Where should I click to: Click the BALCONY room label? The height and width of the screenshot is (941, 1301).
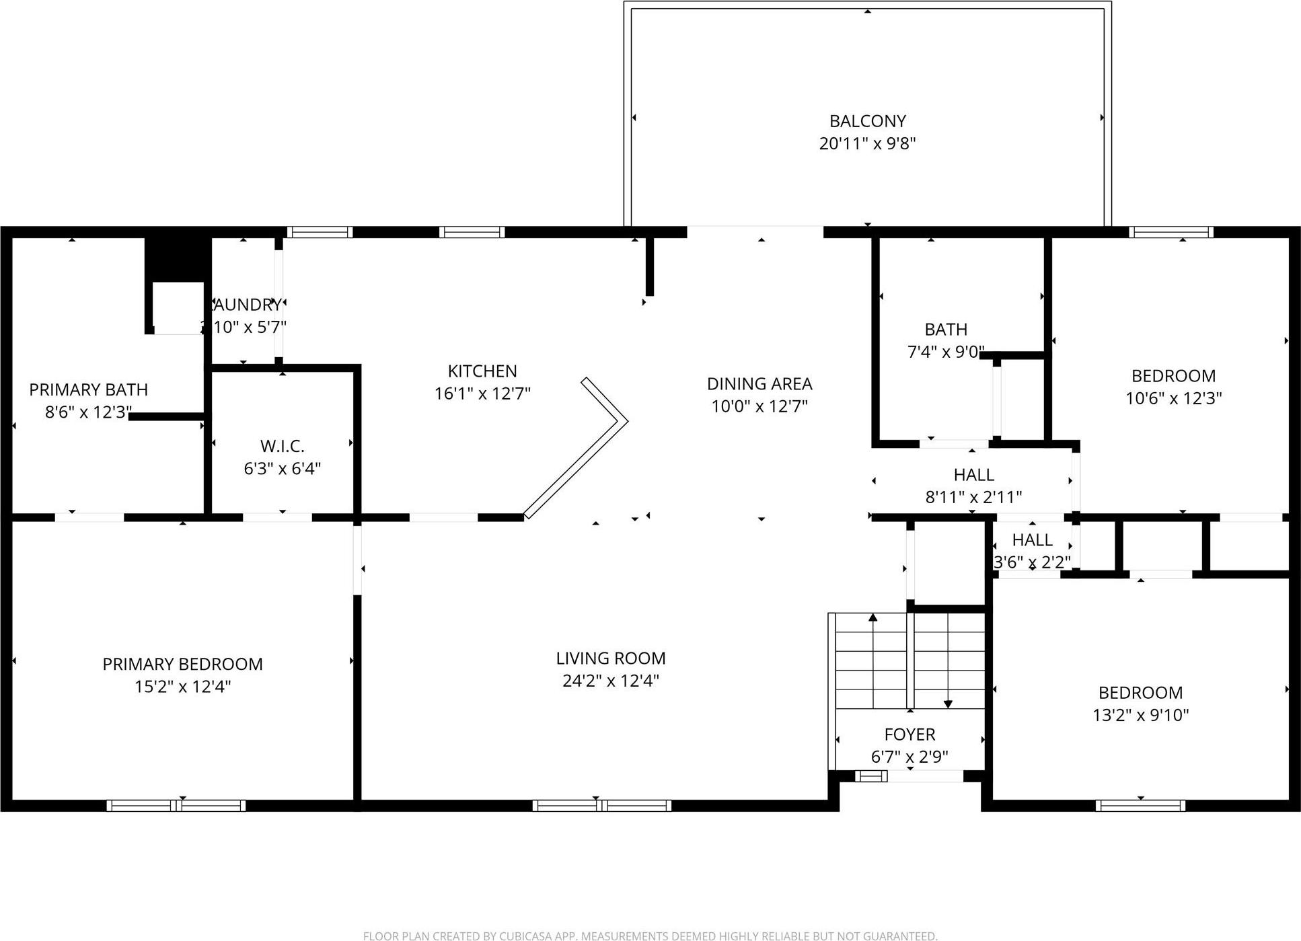pyautogui.click(x=867, y=121)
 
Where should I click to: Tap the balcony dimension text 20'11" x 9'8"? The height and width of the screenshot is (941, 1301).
pyautogui.click(x=867, y=143)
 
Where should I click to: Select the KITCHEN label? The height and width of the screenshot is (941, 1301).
pyautogui.click(x=482, y=371)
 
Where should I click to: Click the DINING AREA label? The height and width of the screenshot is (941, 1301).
pyautogui.click(x=759, y=384)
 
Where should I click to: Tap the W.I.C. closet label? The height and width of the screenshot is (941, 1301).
pyautogui.click(x=282, y=446)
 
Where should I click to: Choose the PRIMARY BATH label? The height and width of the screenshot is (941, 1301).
pyautogui.click(x=88, y=389)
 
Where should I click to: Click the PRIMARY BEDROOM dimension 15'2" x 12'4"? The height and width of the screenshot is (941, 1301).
pyautogui.click(x=182, y=686)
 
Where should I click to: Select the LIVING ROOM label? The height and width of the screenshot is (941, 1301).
pyautogui.click(x=610, y=658)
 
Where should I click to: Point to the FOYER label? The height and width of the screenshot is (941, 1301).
pyautogui.click(x=909, y=734)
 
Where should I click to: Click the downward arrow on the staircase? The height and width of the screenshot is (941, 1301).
pyautogui.click(x=948, y=703)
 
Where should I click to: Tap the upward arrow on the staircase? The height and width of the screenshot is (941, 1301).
pyautogui.click(x=873, y=617)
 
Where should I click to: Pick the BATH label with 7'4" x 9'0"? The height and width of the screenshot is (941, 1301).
pyautogui.click(x=946, y=330)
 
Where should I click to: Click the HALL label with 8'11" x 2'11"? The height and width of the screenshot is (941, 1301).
pyautogui.click(x=973, y=475)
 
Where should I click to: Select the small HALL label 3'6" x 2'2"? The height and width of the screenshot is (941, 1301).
pyautogui.click(x=1032, y=540)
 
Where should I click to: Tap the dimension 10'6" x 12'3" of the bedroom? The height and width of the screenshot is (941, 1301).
pyautogui.click(x=1173, y=398)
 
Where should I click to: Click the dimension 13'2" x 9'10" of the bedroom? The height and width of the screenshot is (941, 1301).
pyautogui.click(x=1140, y=715)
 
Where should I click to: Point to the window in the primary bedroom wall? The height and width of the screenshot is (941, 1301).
pyautogui.click(x=176, y=805)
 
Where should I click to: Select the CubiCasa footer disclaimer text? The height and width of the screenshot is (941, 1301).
pyautogui.click(x=650, y=936)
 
